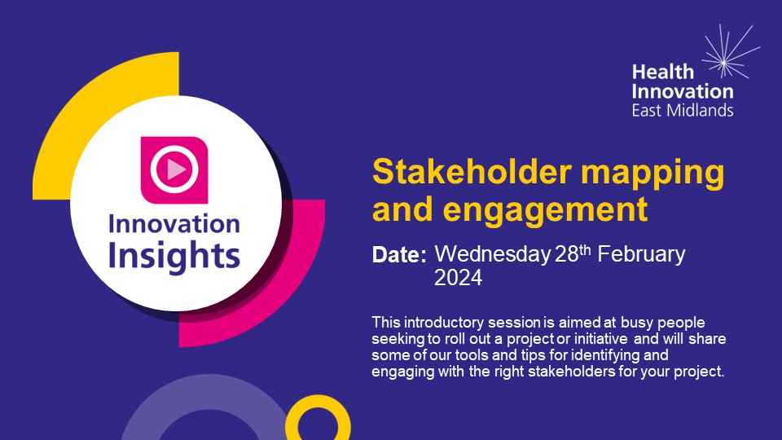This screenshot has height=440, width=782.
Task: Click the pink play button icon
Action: coord(174,169)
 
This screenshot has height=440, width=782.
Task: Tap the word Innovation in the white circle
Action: coord(175,224)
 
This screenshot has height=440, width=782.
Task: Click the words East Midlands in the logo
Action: coord(683,109)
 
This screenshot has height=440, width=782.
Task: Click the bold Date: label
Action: coord(399,255)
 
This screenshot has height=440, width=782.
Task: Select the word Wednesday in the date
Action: coord(490,253)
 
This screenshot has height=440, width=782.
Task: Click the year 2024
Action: coord(459,279)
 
